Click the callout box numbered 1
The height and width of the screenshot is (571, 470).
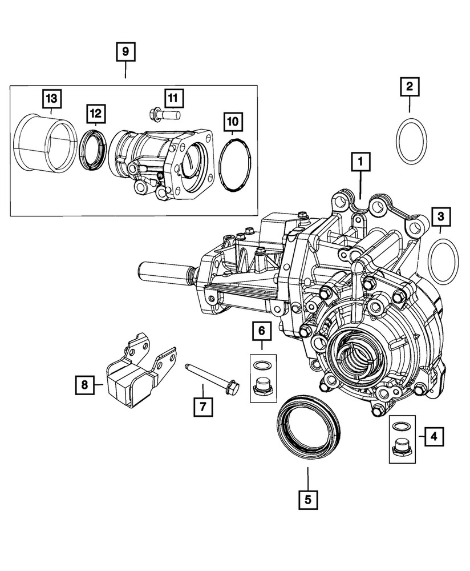point(360,163)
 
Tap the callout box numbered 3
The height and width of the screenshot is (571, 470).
point(440,216)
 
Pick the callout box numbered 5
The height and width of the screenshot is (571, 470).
point(307,500)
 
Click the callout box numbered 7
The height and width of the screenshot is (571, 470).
point(202,407)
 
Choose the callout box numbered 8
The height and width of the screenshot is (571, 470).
point(84,385)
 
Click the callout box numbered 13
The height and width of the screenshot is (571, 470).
point(52,99)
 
